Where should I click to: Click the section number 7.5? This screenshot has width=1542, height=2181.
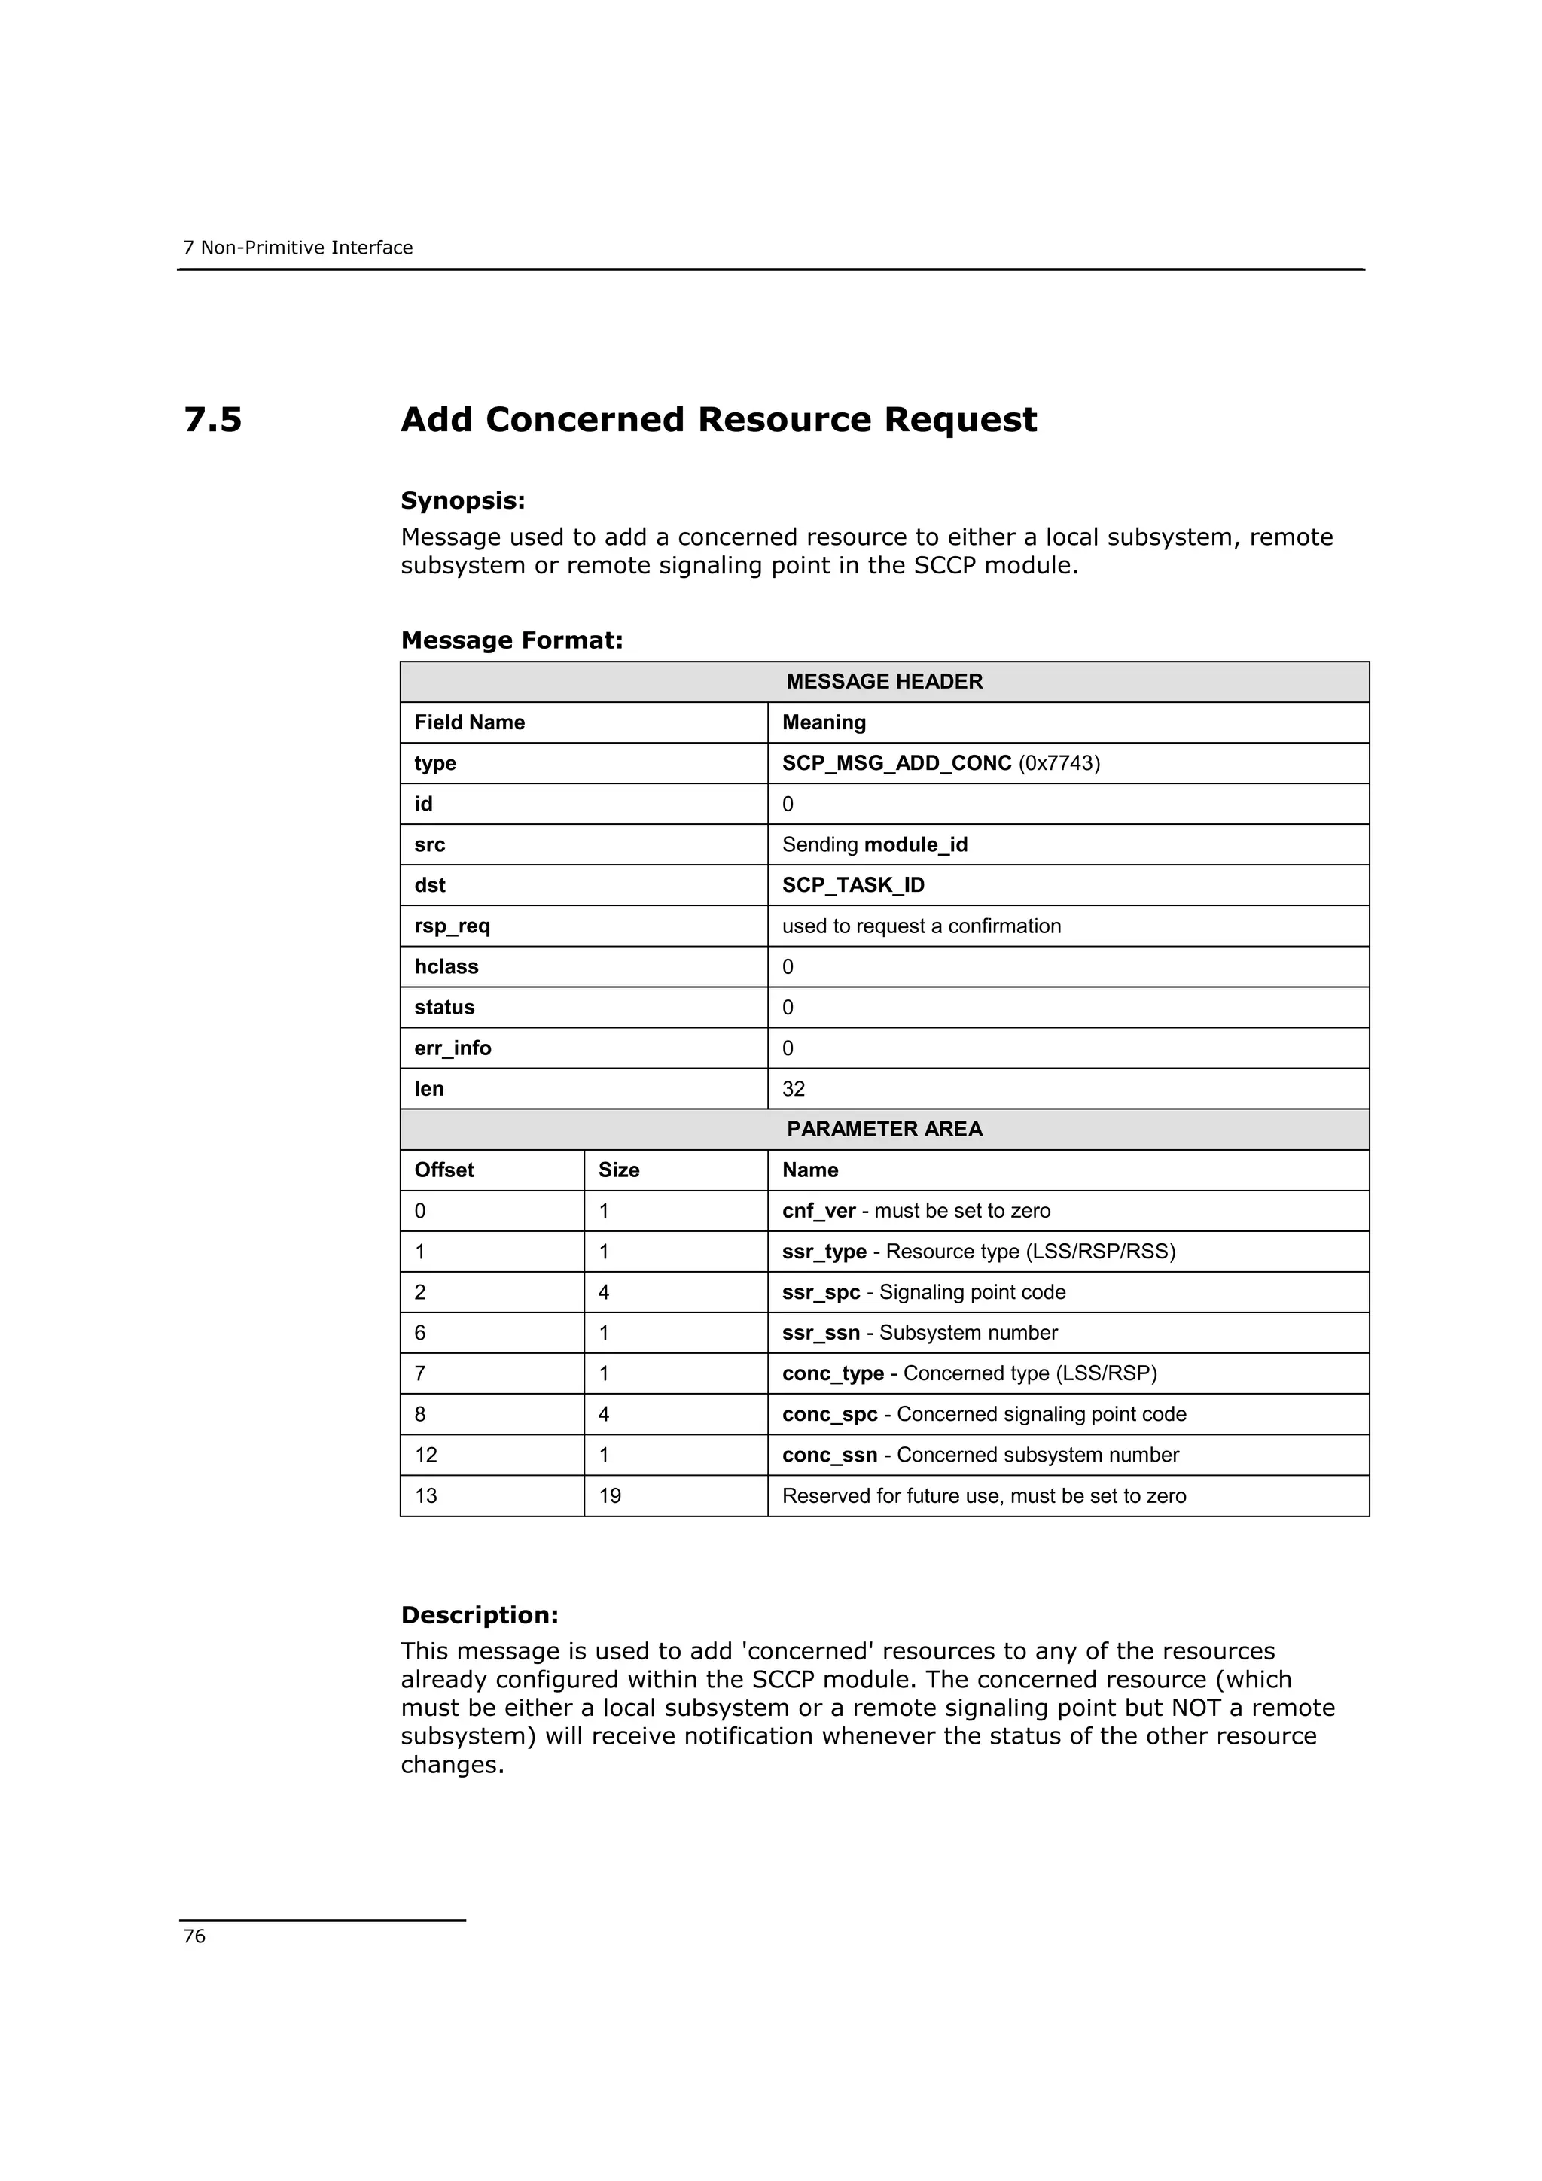[213, 420]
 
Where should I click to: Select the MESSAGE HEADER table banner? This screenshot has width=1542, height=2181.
[884, 682]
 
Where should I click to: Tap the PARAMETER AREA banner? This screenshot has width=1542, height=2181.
[884, 1130]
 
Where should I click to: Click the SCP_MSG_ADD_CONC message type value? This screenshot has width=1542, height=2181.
[896, 764]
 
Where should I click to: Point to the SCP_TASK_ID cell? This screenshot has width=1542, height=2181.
[852, 885]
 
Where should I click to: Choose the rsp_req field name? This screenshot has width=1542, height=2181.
[453, 926]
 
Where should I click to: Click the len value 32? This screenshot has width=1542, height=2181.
[794, 1090]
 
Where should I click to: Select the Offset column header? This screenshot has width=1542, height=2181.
[443, 1170]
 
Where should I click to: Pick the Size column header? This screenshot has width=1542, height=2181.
[618, 1170]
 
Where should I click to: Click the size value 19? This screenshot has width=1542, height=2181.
[609, 1496]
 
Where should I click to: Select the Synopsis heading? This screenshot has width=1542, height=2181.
[463, 500]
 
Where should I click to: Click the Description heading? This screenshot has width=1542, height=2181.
[480, 1615]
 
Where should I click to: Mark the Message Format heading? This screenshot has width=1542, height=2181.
[512, 640]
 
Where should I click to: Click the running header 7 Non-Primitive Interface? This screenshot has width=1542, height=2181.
[298, 248]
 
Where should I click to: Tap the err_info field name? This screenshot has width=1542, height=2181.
[453, 1048]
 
